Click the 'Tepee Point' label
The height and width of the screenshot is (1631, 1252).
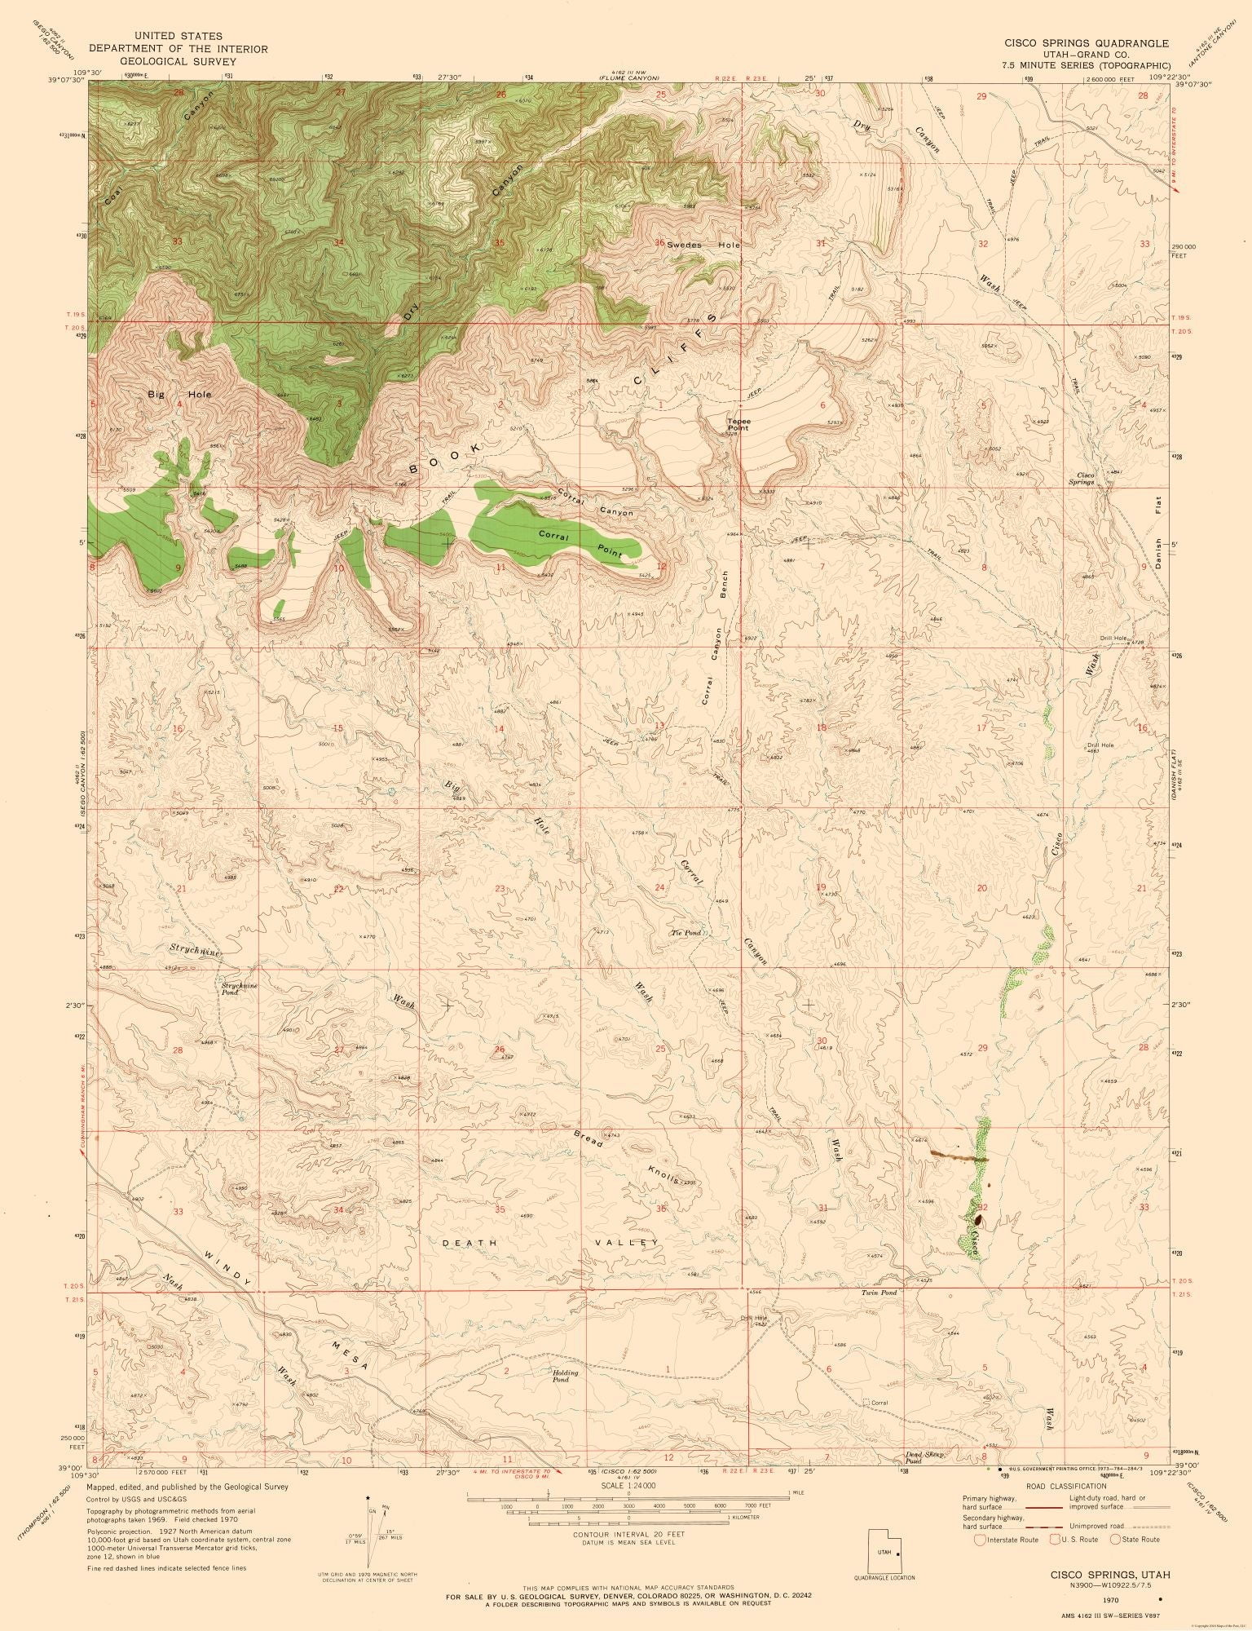click(738, 424)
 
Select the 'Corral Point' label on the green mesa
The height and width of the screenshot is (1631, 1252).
click(580, 545)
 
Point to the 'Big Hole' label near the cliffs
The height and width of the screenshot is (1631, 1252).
click(179, 395)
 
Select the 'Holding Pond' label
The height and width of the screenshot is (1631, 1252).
click(565, 1376)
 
